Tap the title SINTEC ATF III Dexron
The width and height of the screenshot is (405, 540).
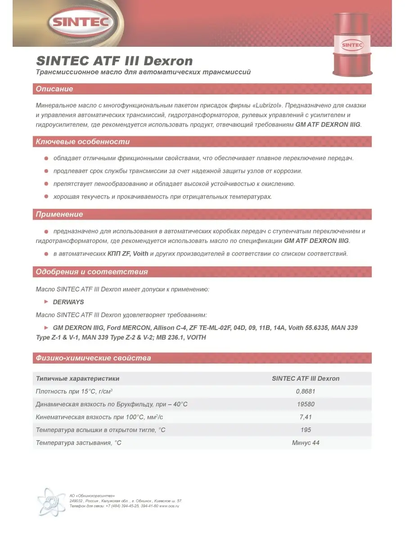click(x=114, y=61)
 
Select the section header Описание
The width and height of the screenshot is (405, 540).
click(x=54, y=89)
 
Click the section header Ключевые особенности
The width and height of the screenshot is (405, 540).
click(x=82, y=142)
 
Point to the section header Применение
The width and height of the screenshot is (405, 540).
click(x=59, y=214)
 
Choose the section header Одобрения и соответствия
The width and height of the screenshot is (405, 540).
click(x=92, y=272)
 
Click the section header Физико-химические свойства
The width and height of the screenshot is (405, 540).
click(x=93, y=358)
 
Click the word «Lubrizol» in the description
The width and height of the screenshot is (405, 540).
click(x=265, y=105)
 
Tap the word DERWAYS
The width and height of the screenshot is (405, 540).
click(x=68, y=302)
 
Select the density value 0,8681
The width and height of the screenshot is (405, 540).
click(x=306, y=391)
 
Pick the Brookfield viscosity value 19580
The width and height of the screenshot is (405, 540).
click(x=306, y=404)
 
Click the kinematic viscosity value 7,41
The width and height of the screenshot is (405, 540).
click(x=306, y=417)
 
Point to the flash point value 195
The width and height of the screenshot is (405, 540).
click(x=306, y=430)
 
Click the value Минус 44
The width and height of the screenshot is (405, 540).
click(x=306, y=443)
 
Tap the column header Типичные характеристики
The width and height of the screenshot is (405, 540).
click(x=77, y=378)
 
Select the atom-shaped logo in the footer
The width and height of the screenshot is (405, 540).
click(x=51, y=501)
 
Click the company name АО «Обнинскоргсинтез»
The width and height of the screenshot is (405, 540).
click(x=92, y=495)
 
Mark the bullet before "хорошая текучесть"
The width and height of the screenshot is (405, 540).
click(x=46, y=197)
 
